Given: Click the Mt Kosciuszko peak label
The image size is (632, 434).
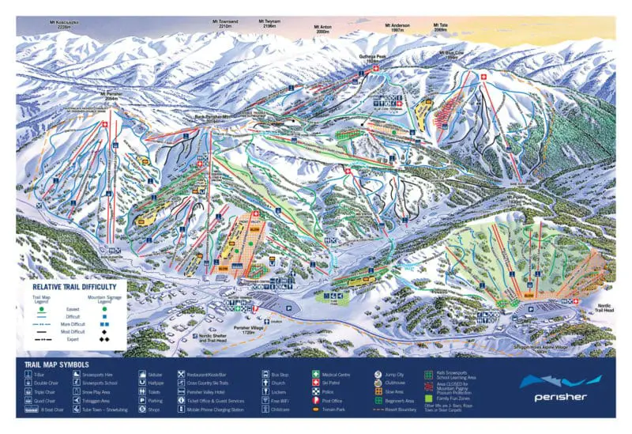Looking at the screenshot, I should click(64, 23).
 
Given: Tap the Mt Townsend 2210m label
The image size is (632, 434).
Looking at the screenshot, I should click(224, 23).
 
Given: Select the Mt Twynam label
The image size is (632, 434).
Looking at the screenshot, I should click(269, 24).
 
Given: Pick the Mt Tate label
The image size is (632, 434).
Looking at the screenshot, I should click(440, 27).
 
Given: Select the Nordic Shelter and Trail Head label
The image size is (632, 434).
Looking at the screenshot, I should click(219, 339).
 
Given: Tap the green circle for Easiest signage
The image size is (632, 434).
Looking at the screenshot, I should click(103, 309).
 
